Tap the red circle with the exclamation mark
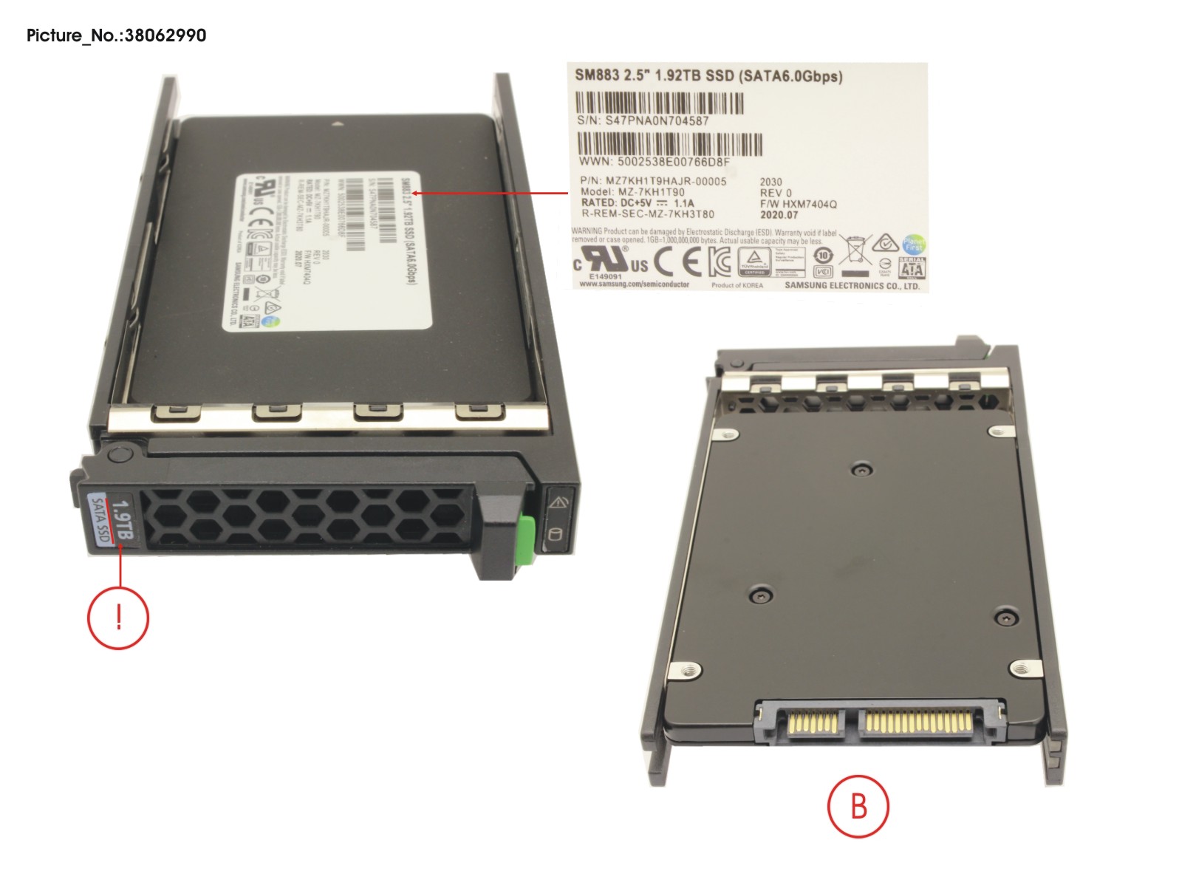click(118, 618)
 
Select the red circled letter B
click(858, 806)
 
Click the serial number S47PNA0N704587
click(657, 120)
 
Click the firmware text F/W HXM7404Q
click(799, 204)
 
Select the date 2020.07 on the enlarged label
click(779, 215)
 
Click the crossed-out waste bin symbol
click(855, 250)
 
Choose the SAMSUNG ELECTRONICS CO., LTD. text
click(852, 286)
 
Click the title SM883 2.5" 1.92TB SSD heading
click(708, 76)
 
